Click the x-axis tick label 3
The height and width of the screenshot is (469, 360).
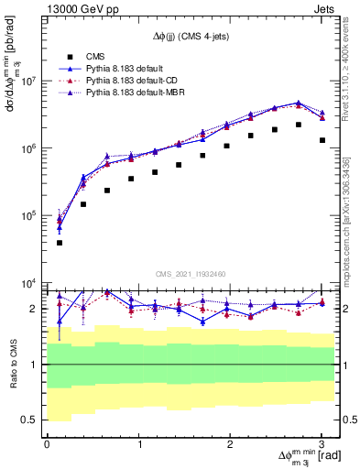[x=322, y=444]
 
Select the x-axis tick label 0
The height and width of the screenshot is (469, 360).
[x=47, y=444]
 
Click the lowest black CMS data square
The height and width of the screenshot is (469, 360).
[x=60, y=243]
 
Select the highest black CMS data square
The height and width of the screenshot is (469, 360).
[x=299, y=125]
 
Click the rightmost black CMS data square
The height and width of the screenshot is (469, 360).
[x=322, y=140]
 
